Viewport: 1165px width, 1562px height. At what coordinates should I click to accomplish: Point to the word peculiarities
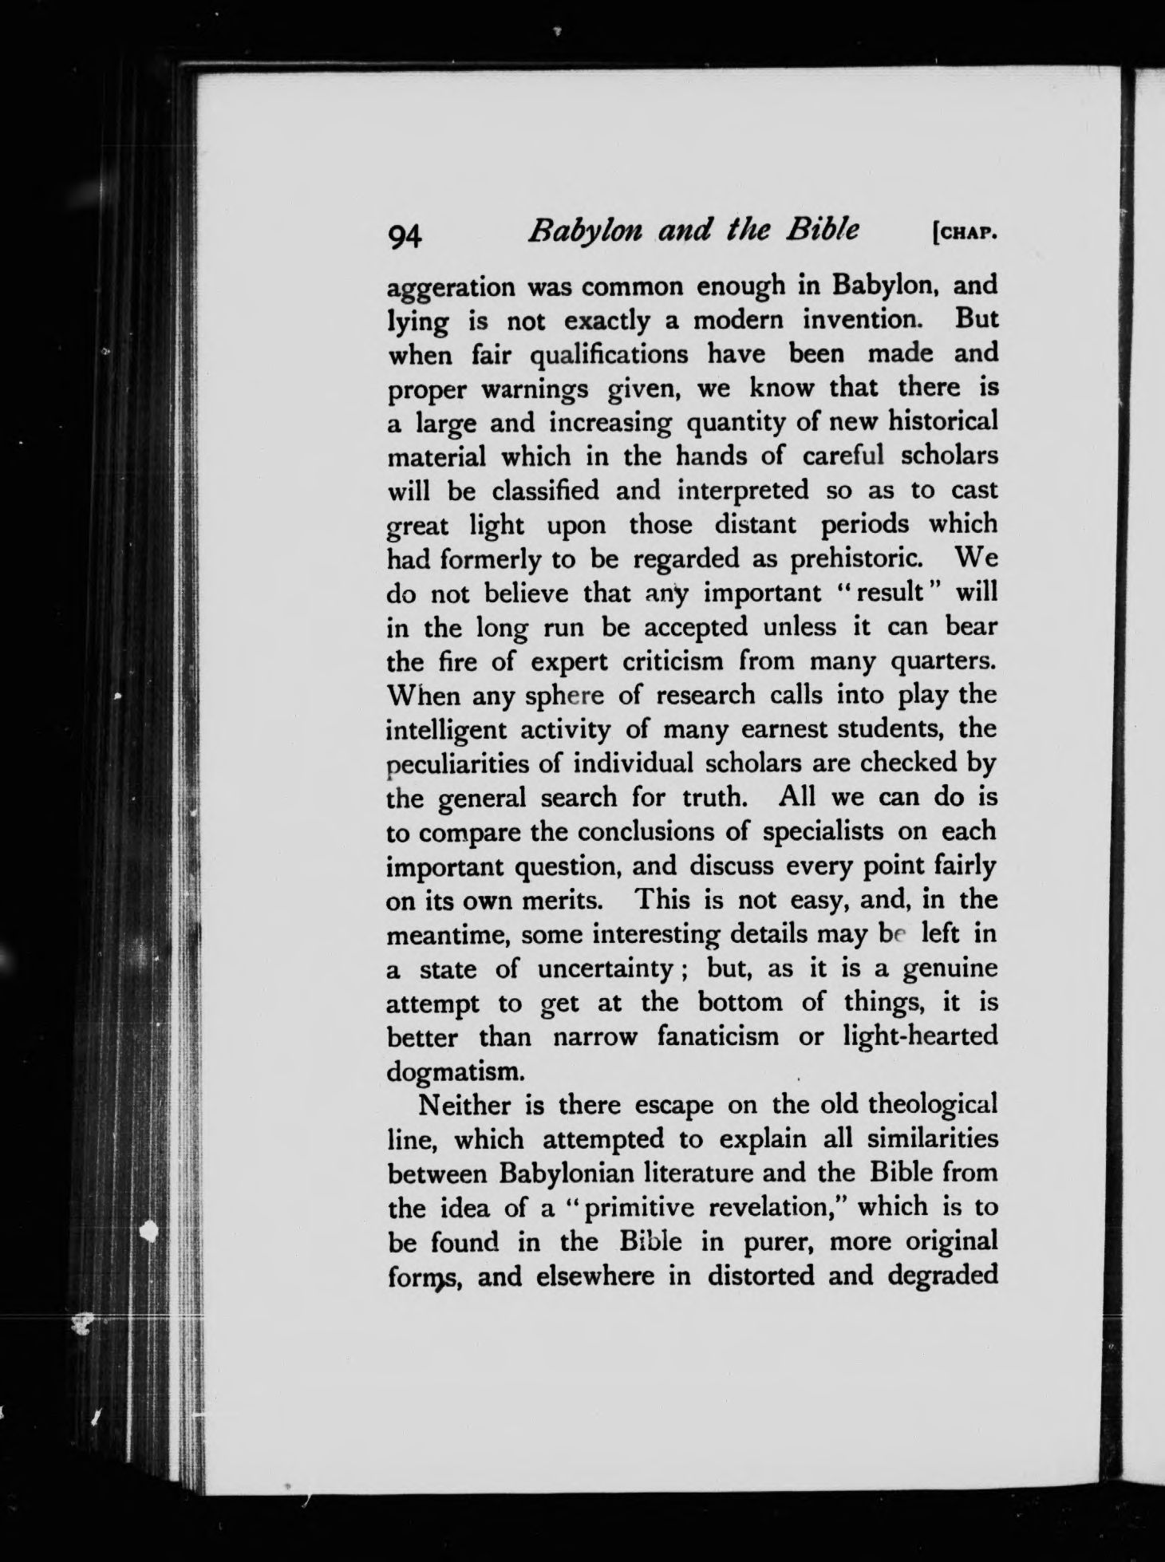click(456, 764)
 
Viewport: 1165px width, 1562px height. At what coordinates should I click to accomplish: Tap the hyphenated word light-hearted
click(920, 1036)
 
